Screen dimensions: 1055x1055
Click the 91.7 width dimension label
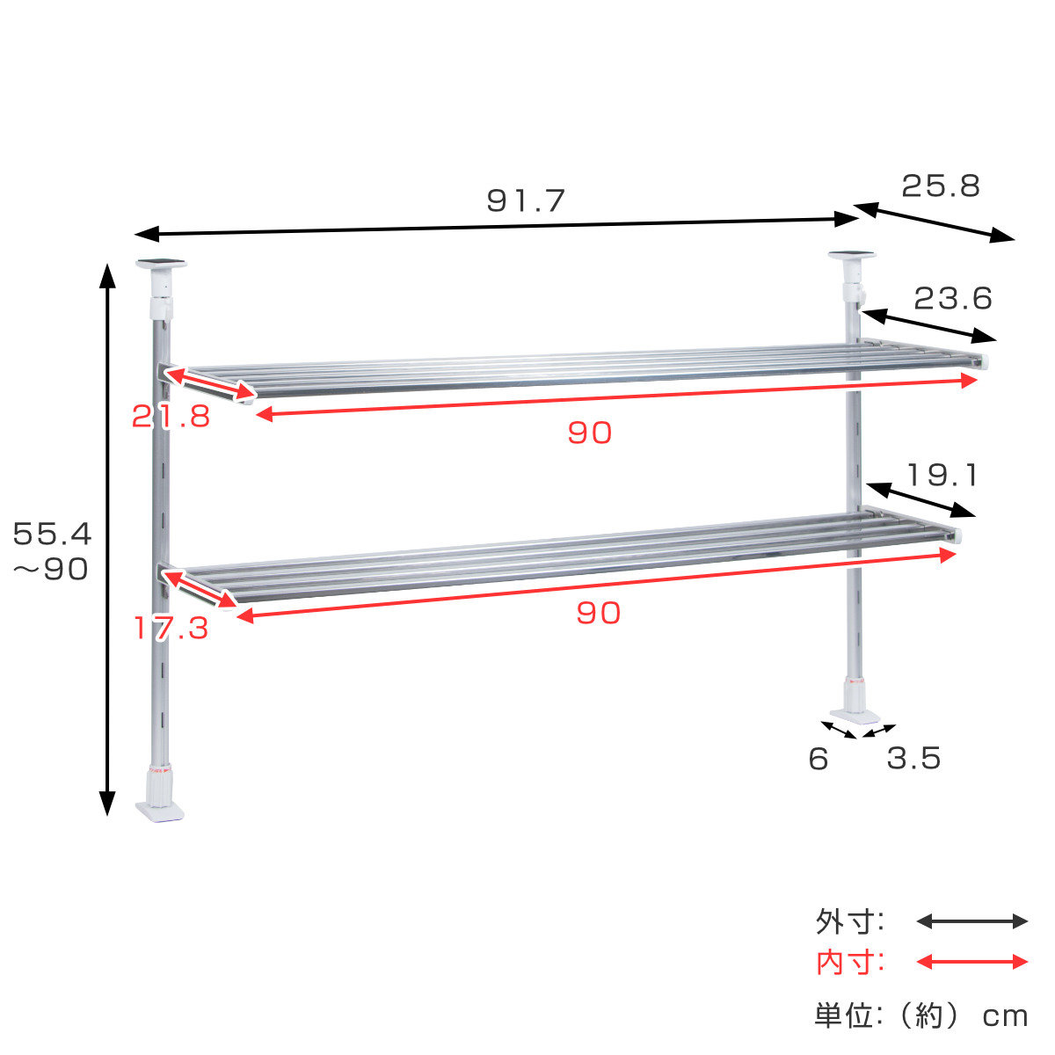coord(526,201)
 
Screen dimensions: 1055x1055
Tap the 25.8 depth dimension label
coord(941,186)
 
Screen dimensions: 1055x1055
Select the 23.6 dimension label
coord(953,299)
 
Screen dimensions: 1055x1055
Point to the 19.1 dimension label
coord(942,476)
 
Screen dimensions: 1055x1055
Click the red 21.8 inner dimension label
coord(171,416)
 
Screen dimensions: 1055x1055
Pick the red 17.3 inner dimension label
coord(171,629)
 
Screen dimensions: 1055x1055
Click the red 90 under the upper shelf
coord(589,433)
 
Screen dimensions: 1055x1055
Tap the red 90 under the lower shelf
coord(598,613)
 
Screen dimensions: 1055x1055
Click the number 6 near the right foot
coord(819,759)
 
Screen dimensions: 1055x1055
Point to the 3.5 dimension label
coord(913,758)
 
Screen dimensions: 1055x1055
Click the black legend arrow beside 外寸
coord(971,921)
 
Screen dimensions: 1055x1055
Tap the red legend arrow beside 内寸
coord(971,962)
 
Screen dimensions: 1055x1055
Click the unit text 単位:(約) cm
coord(920,1016)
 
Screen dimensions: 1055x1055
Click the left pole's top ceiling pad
coord(161,263)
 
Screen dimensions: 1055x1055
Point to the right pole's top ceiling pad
coord(851,256)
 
